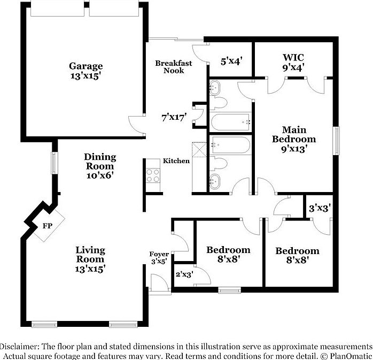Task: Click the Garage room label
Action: [x=86, y=71]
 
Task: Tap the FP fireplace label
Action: [x=46, y=226]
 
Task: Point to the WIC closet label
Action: [x=293, y=62]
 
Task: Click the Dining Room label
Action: [x=100, y=165]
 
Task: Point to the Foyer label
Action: [x=159, y=257]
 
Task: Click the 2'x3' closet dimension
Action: [x=184, y=274]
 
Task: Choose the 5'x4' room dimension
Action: [x=231, y=61]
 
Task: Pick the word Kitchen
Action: [x=176, y=161]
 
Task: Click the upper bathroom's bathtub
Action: [x=231, y=122]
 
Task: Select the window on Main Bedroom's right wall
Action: [x=336, y=141]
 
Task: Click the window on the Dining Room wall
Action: [x=54, y=163]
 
